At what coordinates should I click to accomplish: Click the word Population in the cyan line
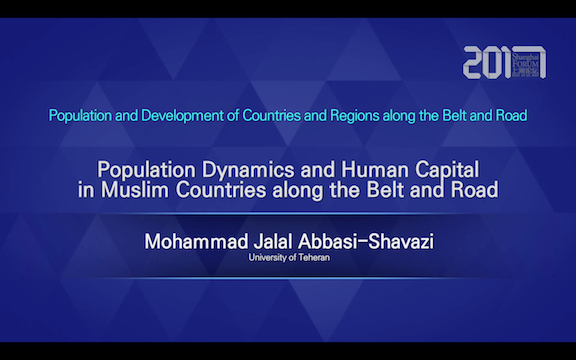coord(83,115)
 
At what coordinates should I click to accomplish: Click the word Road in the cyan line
coord(509,115)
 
